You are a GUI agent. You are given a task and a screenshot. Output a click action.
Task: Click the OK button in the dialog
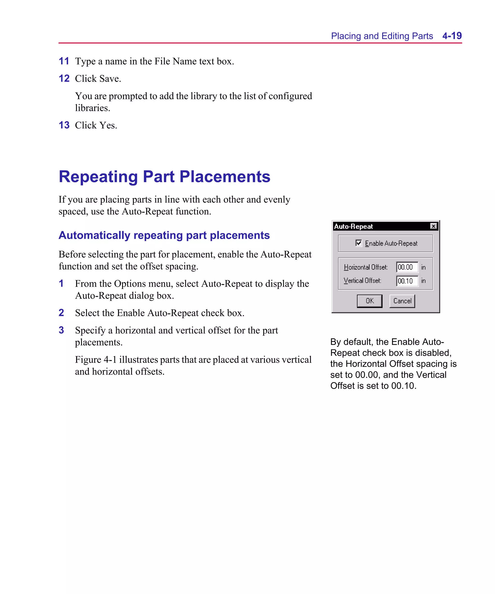point(369,301)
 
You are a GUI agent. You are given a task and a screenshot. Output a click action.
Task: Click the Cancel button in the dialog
point(402,301)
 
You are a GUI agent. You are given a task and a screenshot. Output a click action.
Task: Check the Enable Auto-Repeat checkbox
point(358,243)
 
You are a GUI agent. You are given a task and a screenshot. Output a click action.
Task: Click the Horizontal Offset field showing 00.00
point(407,267)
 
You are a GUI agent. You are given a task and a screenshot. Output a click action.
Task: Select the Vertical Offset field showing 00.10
point(407,281)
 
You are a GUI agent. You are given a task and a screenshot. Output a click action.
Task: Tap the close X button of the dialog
point(433,226)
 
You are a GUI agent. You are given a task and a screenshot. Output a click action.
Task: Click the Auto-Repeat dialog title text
point(353,226)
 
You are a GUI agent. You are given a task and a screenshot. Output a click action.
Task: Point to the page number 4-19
point(452,36)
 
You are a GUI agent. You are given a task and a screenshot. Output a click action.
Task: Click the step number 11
point(64,61)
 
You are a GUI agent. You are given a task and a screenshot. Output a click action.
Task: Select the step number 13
point(64,125)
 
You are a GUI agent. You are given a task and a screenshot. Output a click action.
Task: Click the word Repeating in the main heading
point(98,177)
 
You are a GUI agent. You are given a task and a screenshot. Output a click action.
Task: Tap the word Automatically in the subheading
point(94,235)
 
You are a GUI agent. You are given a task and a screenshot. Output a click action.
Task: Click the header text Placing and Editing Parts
point(382,36)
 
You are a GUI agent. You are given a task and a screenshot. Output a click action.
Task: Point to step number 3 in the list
point(61,330)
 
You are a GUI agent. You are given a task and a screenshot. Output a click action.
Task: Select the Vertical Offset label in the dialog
point(362,281)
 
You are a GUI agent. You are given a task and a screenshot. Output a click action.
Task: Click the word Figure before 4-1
point(88,359)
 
